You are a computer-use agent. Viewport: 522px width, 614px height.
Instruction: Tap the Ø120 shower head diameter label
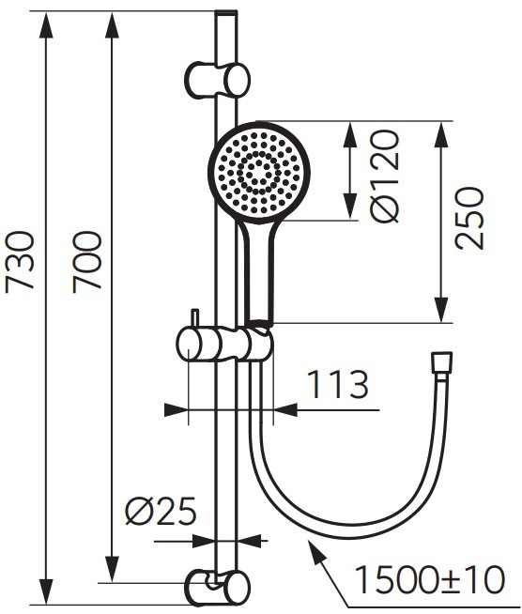(385, 177)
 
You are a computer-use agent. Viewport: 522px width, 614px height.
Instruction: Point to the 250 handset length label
(469, 218)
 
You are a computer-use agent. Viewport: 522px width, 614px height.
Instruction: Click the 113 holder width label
(338, 385)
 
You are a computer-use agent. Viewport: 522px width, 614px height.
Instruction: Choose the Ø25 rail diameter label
(161, 511)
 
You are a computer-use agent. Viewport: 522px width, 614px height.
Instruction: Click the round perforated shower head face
(259, 173)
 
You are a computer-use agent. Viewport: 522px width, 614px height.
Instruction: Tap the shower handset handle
(258, 272)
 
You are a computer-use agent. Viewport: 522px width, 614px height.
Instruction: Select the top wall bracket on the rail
(217, 80)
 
